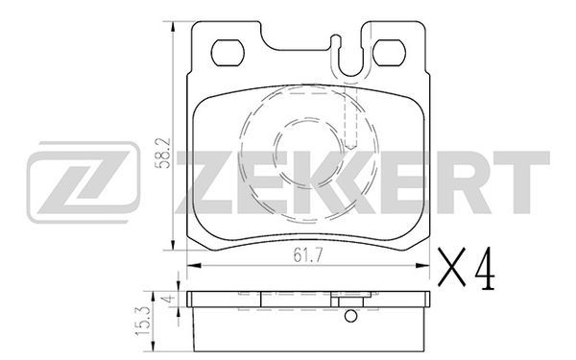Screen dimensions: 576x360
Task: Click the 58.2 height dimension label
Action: pyautogui.click(x=162, y=154)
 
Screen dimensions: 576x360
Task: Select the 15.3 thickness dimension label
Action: pyautogui.click(x=143, y=321)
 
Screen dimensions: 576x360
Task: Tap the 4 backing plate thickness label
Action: pyautogui.click(x=169, y=298)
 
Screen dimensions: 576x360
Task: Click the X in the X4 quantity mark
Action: pyautogui.click(x=451, y=267)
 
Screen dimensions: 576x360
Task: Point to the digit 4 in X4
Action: pyautogui.click(x=484, y=268)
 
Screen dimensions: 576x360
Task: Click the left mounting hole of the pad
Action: pyautogui.click(x=228, y=53)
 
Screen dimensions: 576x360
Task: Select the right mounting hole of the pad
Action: pyautogui.click(x=389, y=53)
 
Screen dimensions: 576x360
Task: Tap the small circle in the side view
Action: pyautogui.click(x=350, y=316)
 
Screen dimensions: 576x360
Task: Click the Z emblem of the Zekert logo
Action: pyautogui.click(x=84, y=182)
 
